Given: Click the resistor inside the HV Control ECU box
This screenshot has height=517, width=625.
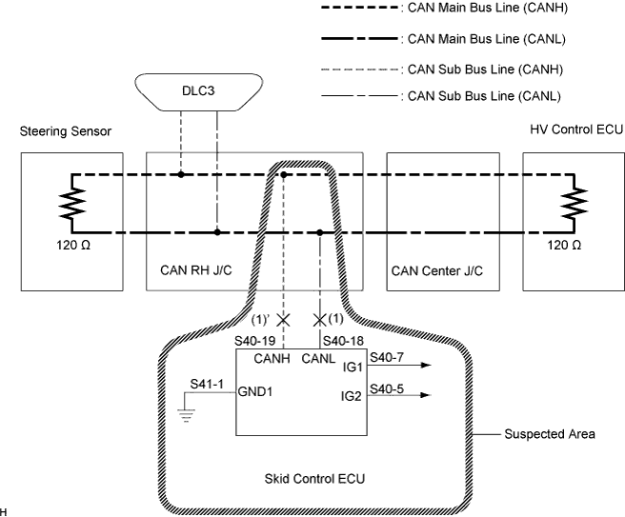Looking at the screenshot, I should pyautogui.click(x=574, y=203).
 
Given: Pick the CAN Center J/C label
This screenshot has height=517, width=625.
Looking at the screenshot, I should pyautogui.click(x=437, y=269).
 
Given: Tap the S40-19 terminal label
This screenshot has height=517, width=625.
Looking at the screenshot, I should pyautogui.click(x=256, y=340).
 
